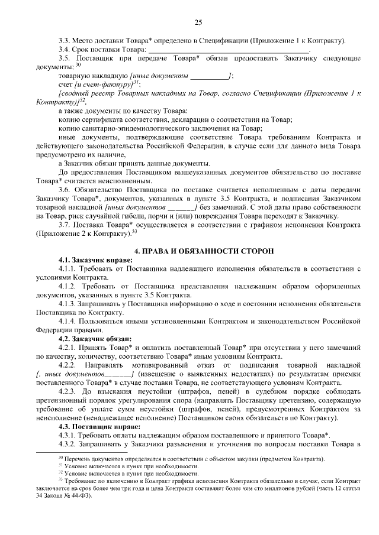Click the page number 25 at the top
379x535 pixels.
tap(198, 22)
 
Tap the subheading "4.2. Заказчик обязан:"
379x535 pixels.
tap(95, 338)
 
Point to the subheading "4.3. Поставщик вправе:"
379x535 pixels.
tap(97, 425)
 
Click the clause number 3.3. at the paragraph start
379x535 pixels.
tap(65, 40)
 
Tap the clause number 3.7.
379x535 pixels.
tap(65, 225)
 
